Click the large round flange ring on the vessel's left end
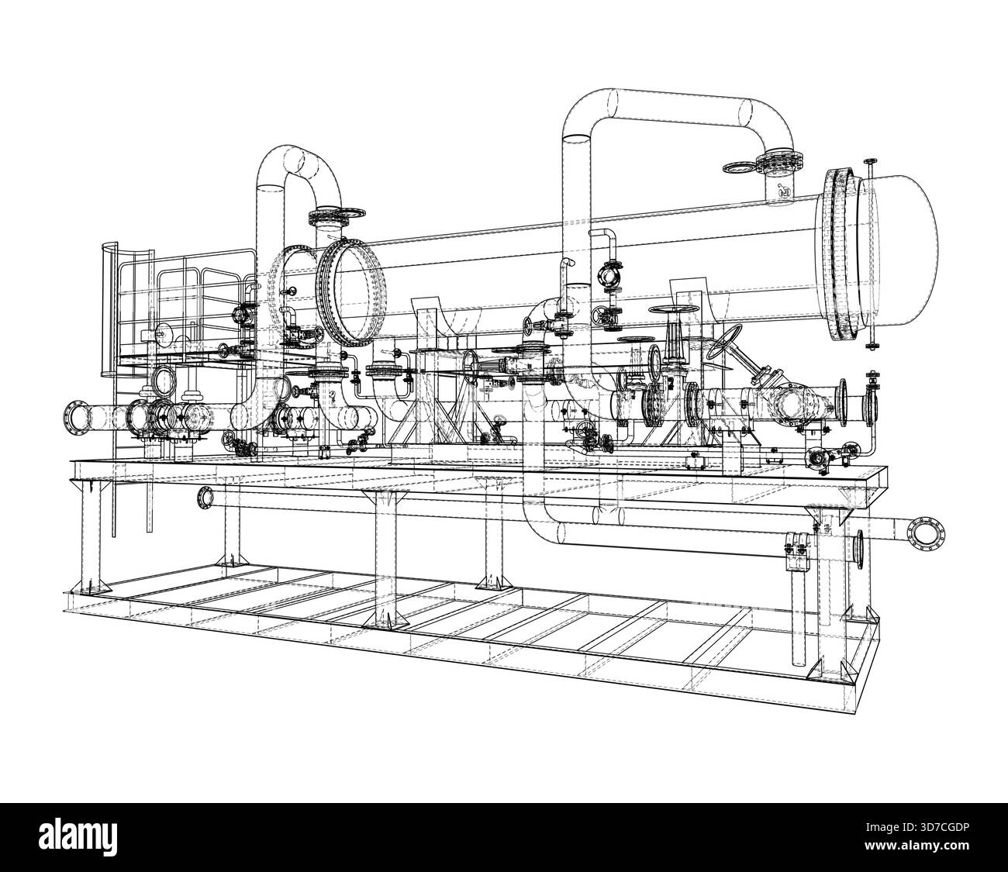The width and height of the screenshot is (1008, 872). (x=350, y=292)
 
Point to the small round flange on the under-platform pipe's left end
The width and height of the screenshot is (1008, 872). (x=205, y=498)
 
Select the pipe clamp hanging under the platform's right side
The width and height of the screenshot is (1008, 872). (x=797, y=550)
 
